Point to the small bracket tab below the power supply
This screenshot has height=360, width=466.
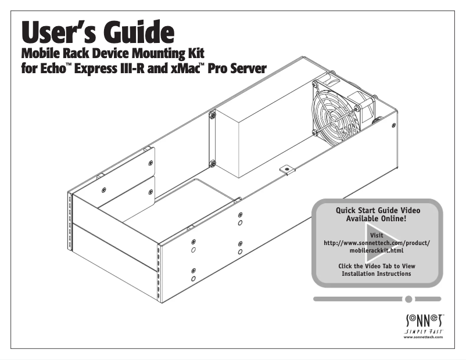pos(285,169)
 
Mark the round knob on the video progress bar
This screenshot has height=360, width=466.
pos(409,299)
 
